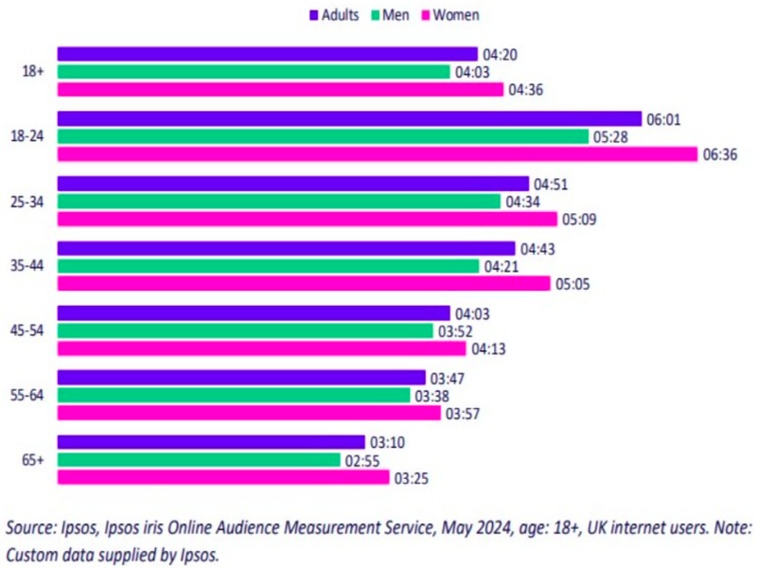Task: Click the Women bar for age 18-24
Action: (x=378, y=154)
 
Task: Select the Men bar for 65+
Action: (x=199, y=460)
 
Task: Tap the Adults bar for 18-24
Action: (x=349, y=119)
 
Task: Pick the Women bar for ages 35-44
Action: (x=304, y=283)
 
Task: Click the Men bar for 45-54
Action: (x=245, y=330)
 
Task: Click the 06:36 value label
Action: (x=718, y=155)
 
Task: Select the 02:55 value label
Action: (x=360, y=460)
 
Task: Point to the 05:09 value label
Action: (x=580, y=220)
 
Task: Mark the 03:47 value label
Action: (x=445, y=378)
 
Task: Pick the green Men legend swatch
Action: (x=375, y=15)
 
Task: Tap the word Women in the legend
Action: (x=456, y=15)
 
